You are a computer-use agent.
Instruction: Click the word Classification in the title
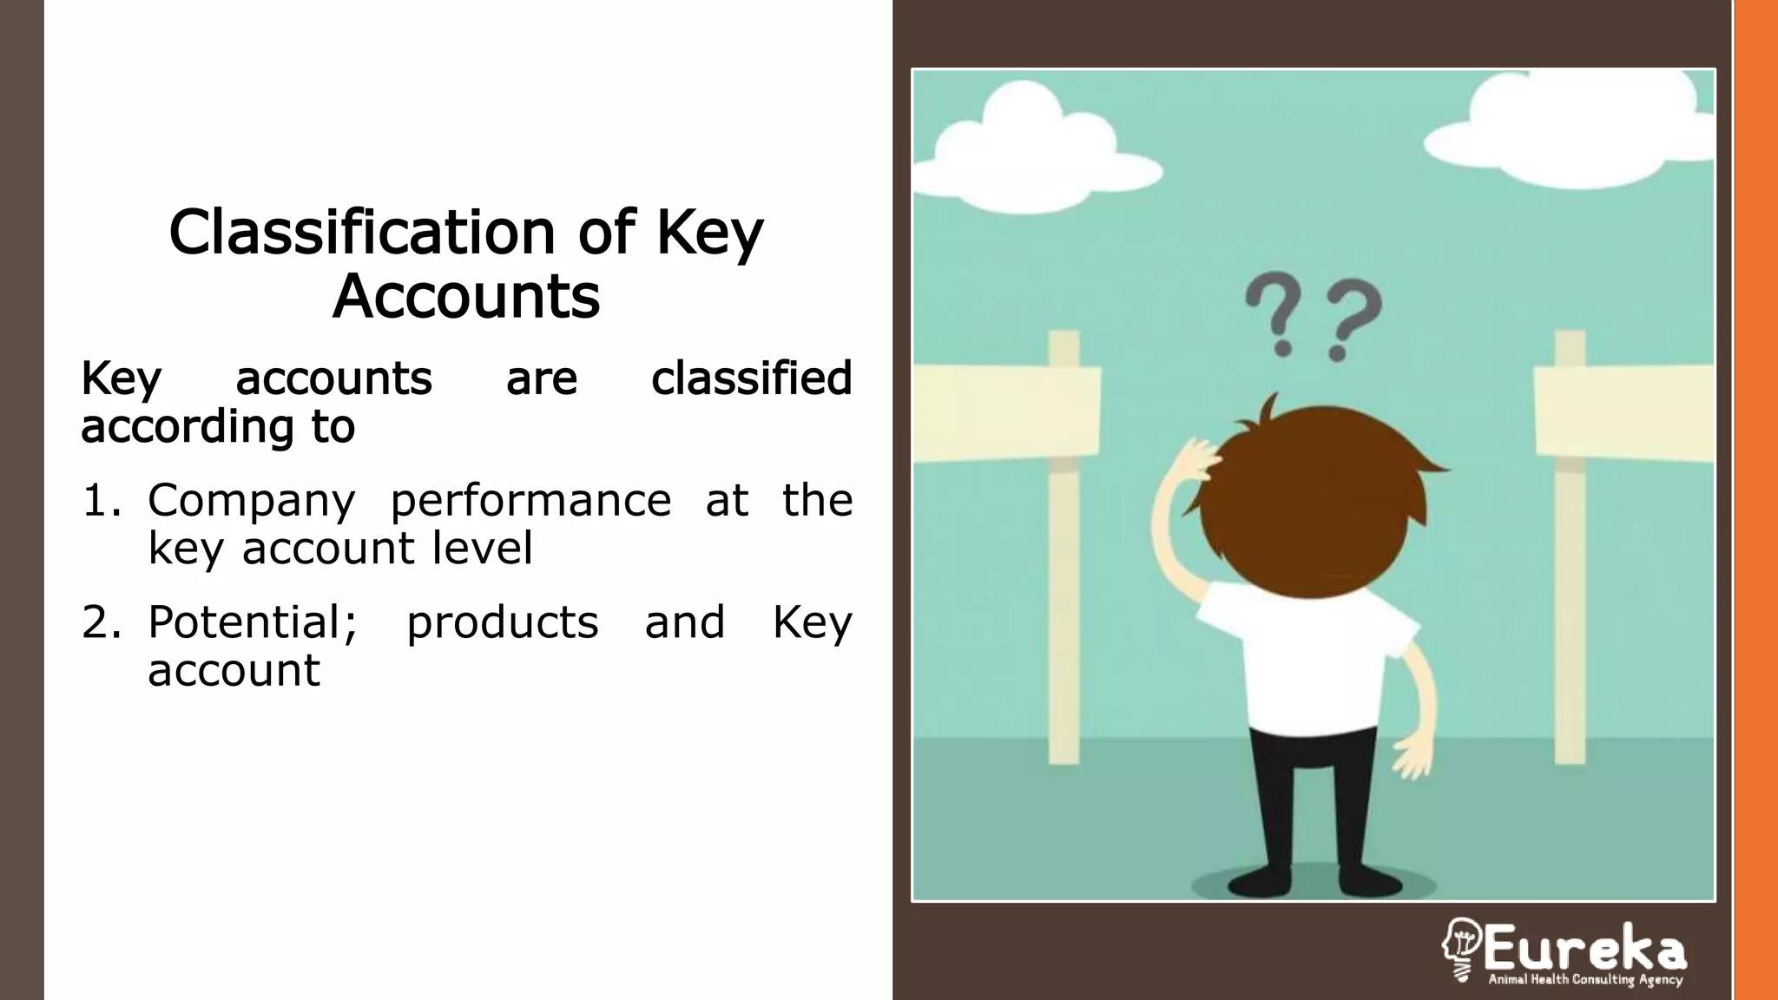[362, 232]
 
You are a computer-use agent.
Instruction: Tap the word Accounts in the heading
[466, 296]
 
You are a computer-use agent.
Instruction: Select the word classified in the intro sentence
[751, 378]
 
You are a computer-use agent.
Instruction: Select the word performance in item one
[530, 501]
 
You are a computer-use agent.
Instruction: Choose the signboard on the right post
[1623, 412]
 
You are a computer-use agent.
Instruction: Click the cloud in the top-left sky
[1033, 148]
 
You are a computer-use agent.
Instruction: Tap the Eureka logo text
[1584, 948]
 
